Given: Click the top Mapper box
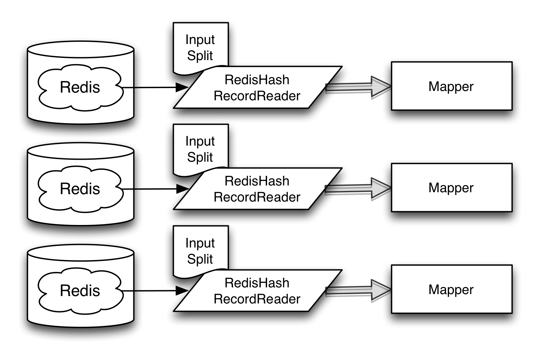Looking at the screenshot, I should click(x=451, y=86).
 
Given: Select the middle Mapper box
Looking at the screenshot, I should click(x=451, y=188).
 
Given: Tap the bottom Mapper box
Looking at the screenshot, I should click(x=451, y=289).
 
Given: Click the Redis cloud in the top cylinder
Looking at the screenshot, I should click(x=80, y=87).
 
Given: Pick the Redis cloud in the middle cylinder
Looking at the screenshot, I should click(x=80, y=189).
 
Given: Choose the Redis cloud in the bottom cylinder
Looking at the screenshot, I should click(x=80, y=291).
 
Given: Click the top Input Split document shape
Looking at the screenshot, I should click(x=200, y=48).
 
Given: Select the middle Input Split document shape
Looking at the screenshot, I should click(x=200, y=149).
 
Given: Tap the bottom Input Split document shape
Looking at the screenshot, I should click(x=200, y=251).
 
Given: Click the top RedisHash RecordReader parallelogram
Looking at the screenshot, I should click(x=257, y=88).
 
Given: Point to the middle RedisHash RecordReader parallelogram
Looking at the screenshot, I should click(x=257, y=189).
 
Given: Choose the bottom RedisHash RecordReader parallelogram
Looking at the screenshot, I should click(x=257, y=291).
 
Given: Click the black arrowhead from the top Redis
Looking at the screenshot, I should click(x=182, y=87).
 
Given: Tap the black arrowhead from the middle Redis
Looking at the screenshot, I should click(x=182, y=189).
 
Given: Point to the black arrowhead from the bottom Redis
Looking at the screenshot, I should click(x=182, y=291).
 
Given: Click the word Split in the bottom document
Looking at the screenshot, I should click(x=200, y=259).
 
